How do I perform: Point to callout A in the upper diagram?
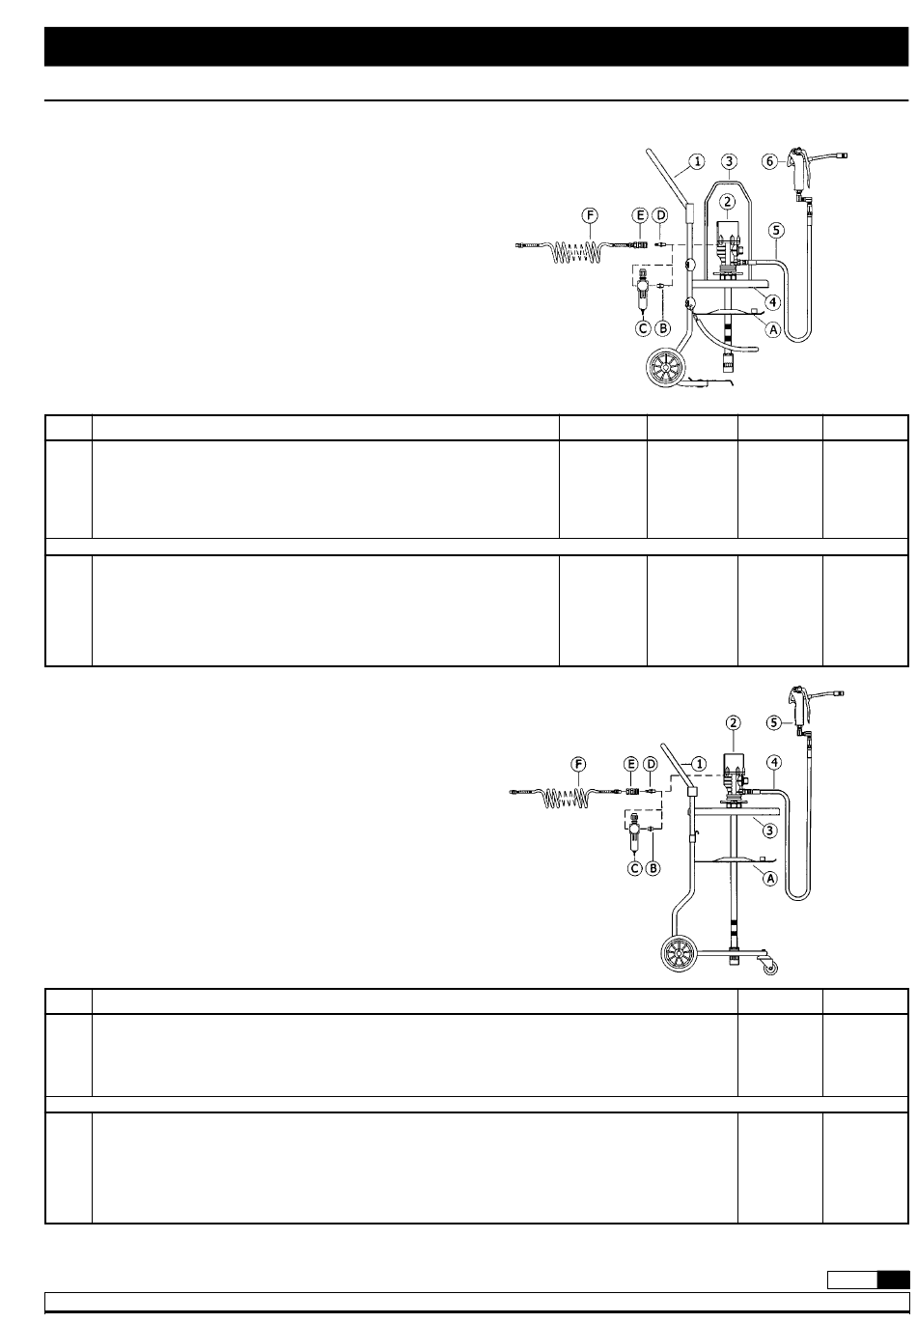coord(772,329)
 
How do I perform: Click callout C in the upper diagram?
coord(642,328)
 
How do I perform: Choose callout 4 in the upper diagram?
coord(772,302)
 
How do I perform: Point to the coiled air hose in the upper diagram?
coord(575,253)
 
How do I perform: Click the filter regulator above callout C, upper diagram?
coord(642,294)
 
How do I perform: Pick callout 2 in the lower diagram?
coord(734,721)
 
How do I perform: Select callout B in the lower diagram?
coord(653,868)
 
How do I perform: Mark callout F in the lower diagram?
coord(580,765)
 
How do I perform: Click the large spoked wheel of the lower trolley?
coord(679,953)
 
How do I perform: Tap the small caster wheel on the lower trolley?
coord(771,967)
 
